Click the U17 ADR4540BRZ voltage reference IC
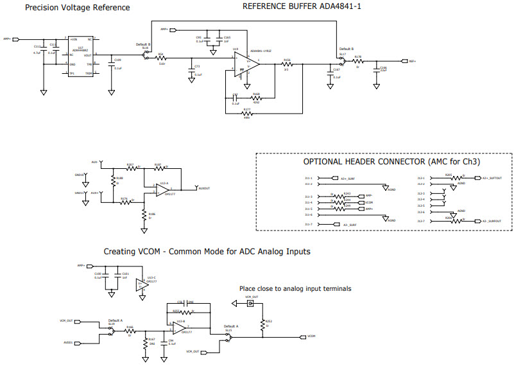point(81,57)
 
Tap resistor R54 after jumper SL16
point(162,59)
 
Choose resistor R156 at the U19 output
point(287,64)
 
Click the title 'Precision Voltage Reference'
point(77,8)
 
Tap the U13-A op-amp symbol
point(163,189)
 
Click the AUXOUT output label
point(205,189)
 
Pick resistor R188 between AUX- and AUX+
point(113,181)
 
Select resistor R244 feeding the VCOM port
point(347,203)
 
